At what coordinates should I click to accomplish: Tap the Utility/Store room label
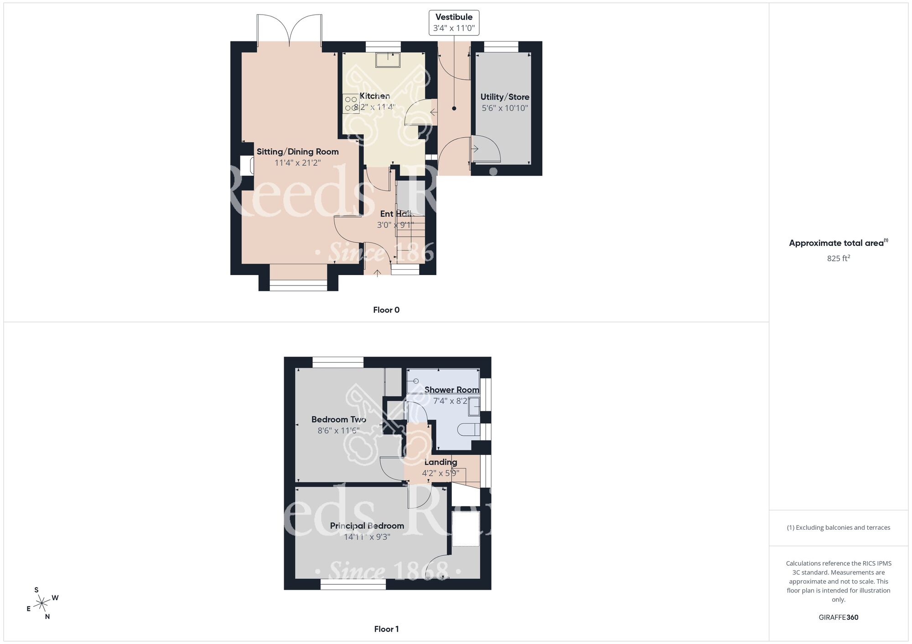click(505, 97)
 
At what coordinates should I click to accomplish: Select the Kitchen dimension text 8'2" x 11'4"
click(374, 107)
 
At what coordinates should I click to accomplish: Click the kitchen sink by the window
click(388, 60)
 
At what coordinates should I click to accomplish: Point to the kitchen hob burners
click(351, 103)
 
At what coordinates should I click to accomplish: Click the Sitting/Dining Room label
click(297, 152)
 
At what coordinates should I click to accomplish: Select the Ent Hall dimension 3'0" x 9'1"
click(395, 225)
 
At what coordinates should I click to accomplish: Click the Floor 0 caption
click(386, 310)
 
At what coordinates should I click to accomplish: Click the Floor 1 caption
click(386, 629)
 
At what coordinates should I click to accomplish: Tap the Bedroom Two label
click(339, 419)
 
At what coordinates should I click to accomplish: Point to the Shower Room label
click(451, 390)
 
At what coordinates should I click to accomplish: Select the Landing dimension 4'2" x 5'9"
click(440, 473)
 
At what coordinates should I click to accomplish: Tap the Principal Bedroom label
click(367, 526)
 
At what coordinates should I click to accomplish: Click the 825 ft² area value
click(838, 258)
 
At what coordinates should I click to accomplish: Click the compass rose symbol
click(42, 604)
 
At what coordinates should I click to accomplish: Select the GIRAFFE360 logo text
click(838, 618)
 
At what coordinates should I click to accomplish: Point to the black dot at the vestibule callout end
click(454, 108)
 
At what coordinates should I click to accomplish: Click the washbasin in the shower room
click(474, 406)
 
